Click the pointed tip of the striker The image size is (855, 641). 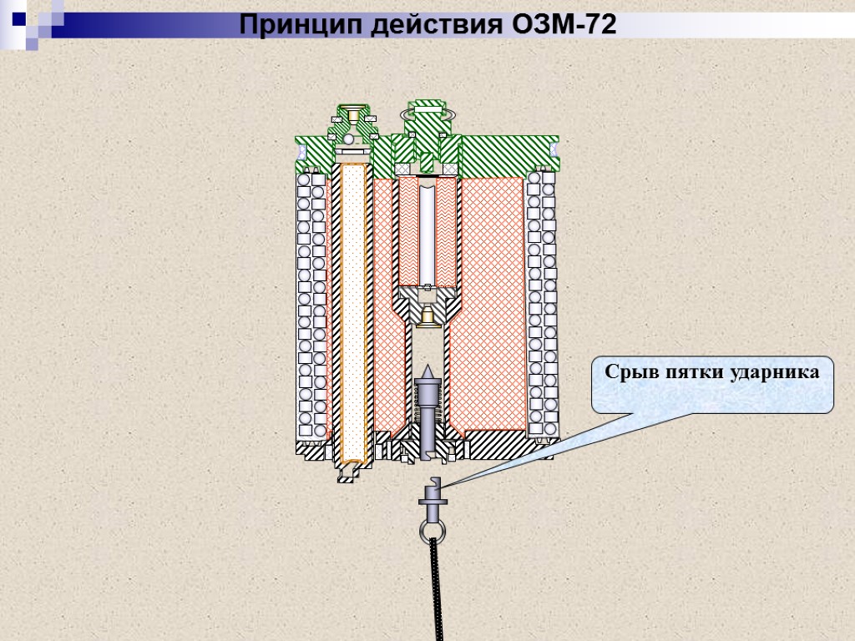[x=426, y=368]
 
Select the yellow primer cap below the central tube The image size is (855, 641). [x=427, y=316]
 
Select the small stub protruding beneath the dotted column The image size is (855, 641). [x=350, y=473]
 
